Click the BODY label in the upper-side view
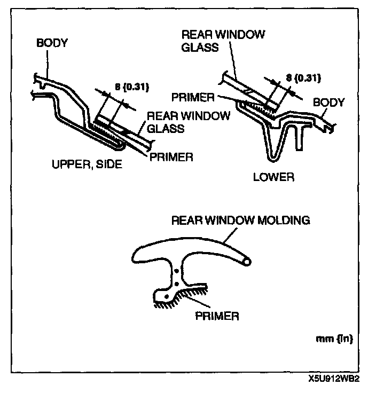tap(52, 43)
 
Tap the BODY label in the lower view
tap(329, 102)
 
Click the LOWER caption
tap(275, 177)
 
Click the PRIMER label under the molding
tap(217, 315)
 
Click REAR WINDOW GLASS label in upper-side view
tap(188, 122)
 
